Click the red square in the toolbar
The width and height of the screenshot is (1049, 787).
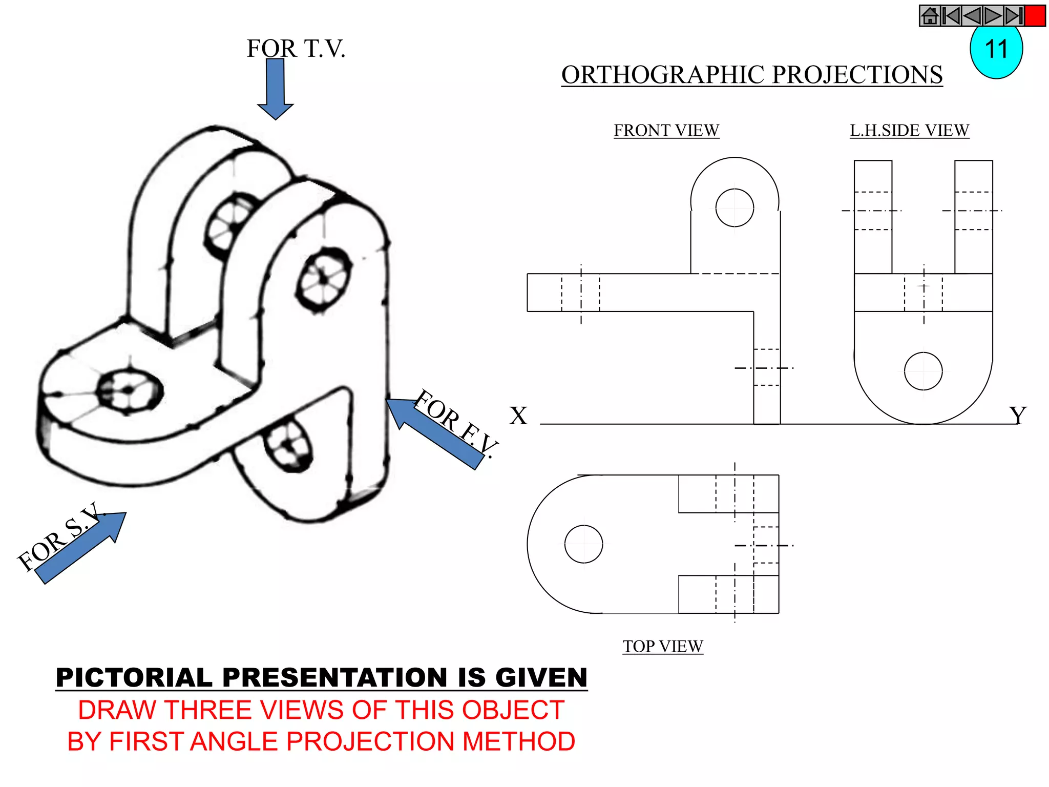(x=1035, y=16)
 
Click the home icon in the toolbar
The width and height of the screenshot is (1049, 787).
(x=930, y=16)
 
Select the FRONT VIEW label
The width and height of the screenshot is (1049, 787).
(x=666, y=130)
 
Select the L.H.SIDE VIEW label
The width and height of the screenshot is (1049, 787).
(x=909, y=130)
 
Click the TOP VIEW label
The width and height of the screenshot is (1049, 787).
(x=663, y=646)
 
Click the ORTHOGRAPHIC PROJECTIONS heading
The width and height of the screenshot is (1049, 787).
(x=751, y=75)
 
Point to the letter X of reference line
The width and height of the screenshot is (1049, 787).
(x=518, y=416)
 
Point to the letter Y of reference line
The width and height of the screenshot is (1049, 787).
(x=1018, y=416)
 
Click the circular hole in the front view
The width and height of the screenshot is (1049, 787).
(x=735, y=208)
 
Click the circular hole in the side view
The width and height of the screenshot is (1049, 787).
(x=923, y=371)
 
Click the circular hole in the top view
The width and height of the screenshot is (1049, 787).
(x=583, y=544)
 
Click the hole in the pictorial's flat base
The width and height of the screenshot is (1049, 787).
(x=129, y=391)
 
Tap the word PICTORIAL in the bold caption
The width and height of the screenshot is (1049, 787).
(x=134, y=677)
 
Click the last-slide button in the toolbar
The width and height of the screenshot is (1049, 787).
(x=1013, y=16)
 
